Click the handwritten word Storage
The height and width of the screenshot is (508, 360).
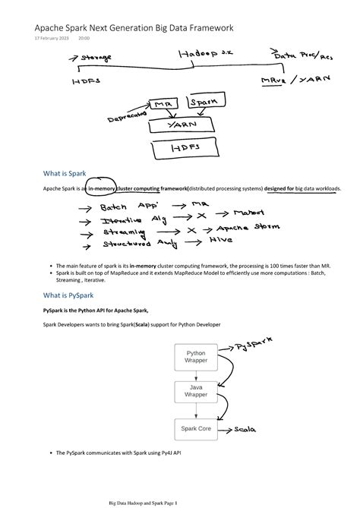coord(96,57)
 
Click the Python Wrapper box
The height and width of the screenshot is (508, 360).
coord(196,356)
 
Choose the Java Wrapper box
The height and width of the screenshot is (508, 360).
coord(196,391)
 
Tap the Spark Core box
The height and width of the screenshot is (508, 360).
coord(196,429)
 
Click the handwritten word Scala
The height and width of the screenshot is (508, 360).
coord(254,429)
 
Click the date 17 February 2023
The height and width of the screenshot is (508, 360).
coord(52,38)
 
